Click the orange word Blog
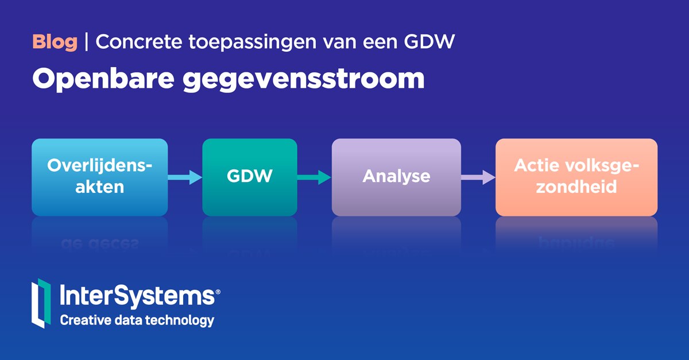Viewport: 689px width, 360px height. [55, 42]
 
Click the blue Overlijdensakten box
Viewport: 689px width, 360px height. [100, 176]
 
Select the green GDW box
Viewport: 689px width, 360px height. [250, 176]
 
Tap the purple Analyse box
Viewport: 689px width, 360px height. [396, 176]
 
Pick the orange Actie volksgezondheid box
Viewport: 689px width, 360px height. [576, 176]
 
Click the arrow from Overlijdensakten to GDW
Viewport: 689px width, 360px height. [185, 177]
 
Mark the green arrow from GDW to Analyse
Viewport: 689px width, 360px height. [314, 177]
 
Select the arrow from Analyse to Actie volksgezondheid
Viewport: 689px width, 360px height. [478, 177]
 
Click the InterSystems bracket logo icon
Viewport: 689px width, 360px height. [41, 303]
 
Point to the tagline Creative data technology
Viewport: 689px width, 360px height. [137, 320]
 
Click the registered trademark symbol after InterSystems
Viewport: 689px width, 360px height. [217, 292]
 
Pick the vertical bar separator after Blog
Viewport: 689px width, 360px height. [87, 42]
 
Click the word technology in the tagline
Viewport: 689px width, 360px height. [182, 320]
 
